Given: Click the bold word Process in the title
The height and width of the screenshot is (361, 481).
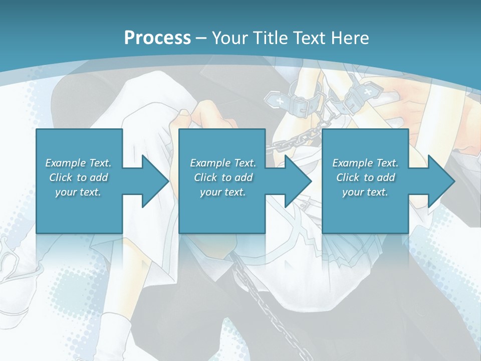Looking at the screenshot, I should (x=157, y=38).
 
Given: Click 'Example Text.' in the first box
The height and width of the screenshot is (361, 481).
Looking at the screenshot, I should (x=78, y=163).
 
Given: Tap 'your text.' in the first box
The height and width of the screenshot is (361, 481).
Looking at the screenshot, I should (x=78, y=192).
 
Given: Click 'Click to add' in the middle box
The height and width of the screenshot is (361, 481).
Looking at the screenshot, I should (x=223, y=177).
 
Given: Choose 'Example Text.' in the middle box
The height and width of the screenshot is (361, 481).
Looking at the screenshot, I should (x=223, y=163).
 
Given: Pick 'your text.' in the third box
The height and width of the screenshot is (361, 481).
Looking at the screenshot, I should (x=365, y=192).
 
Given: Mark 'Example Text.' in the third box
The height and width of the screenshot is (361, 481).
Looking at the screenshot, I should (x=365, y=163).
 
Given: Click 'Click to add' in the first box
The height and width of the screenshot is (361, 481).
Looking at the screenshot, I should (x=78, y=177).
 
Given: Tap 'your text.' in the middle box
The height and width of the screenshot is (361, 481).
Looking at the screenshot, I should (x=223, y=192).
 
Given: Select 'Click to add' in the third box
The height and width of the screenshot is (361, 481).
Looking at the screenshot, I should (x=365, y=177).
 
